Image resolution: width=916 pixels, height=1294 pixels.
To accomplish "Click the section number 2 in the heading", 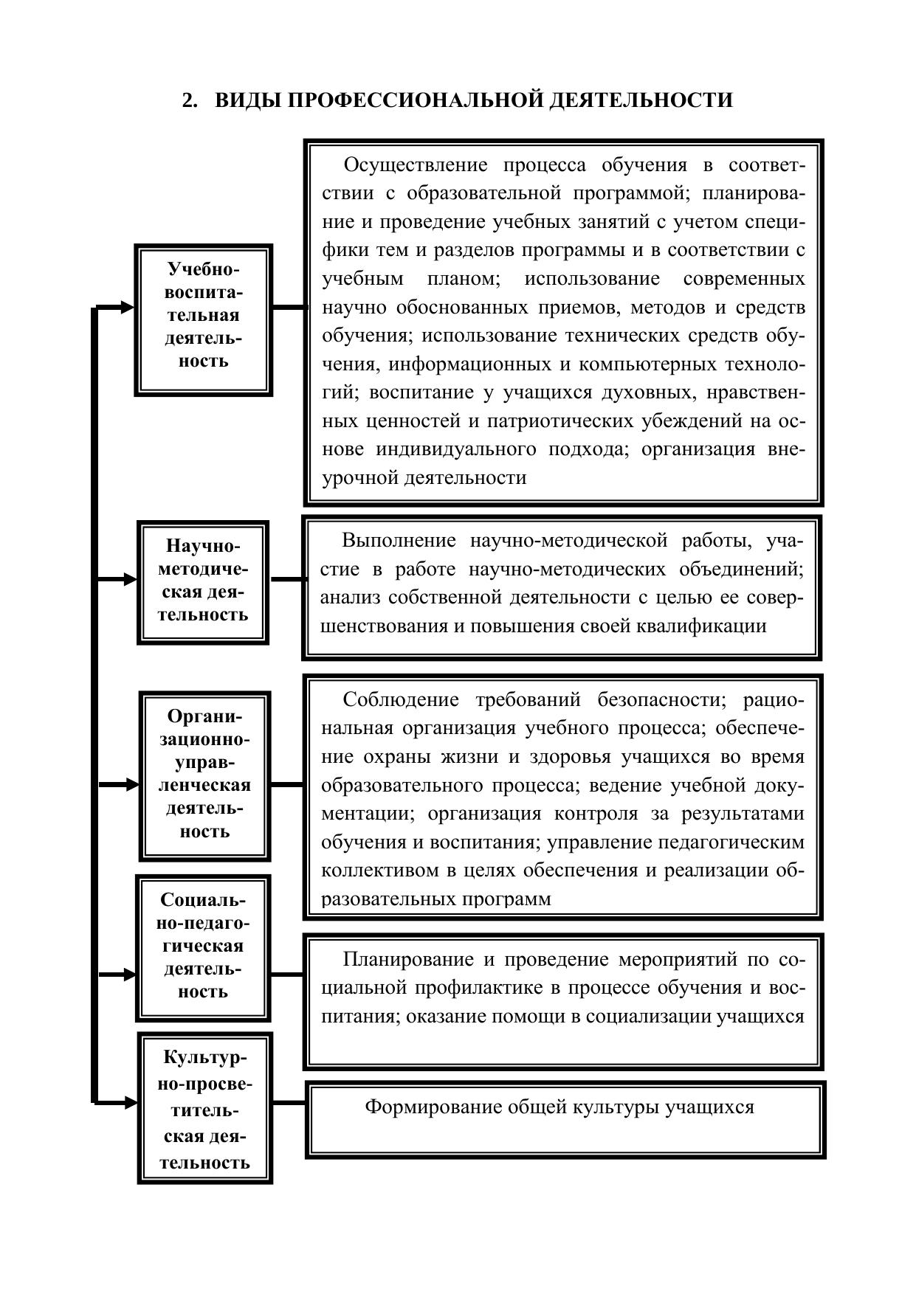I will coord(189,100).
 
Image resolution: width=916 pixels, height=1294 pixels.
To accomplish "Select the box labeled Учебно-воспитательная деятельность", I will coord(203,319).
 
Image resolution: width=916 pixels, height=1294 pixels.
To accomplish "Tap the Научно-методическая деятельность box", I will coord(203,581).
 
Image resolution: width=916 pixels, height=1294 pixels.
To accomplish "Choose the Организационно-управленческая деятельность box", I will coord(204,775).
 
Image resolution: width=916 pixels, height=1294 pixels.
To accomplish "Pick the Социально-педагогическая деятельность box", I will coord(203,947).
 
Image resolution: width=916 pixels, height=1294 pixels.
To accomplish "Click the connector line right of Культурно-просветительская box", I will coord(289,1103).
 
